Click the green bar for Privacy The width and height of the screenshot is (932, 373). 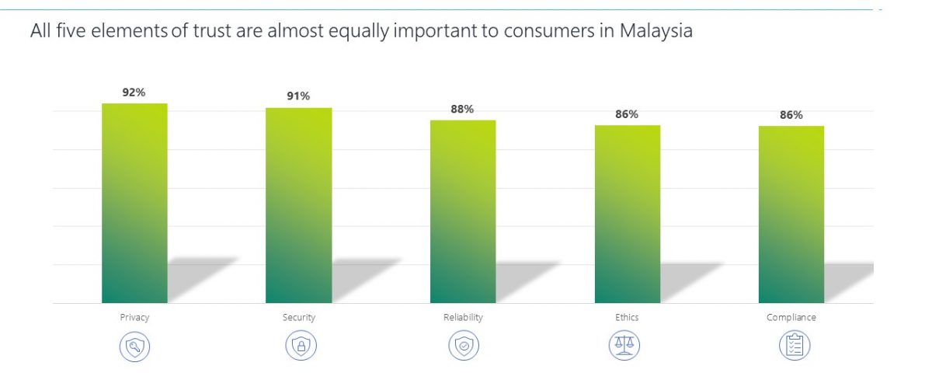(135, 203)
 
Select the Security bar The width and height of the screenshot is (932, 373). (299, 205)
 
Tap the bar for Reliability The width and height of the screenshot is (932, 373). (463, 211)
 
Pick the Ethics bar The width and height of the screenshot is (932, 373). (628, 214)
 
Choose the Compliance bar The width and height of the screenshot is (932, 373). (791, 214)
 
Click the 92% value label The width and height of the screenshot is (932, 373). (134, 92)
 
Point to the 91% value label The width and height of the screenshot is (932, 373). (298, 96)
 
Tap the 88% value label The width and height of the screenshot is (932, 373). (462, 109)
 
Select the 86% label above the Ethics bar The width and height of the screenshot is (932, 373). (627, 114)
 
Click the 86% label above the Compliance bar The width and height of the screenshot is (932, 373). (791, 115)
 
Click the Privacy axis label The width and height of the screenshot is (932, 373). (134, 318)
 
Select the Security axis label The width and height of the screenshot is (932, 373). (299, 318)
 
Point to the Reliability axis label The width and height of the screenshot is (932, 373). (463, 318)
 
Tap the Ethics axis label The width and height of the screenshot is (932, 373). (627, 317)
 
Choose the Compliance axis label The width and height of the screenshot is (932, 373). (791, 318)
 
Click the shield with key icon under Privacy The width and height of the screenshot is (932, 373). (135, 347)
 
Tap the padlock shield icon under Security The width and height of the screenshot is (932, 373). (301, 346)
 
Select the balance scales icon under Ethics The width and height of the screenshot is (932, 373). (624, 345)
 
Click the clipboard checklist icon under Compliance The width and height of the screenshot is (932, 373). (795, 346)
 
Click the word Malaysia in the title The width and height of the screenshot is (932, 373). (656, 31)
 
